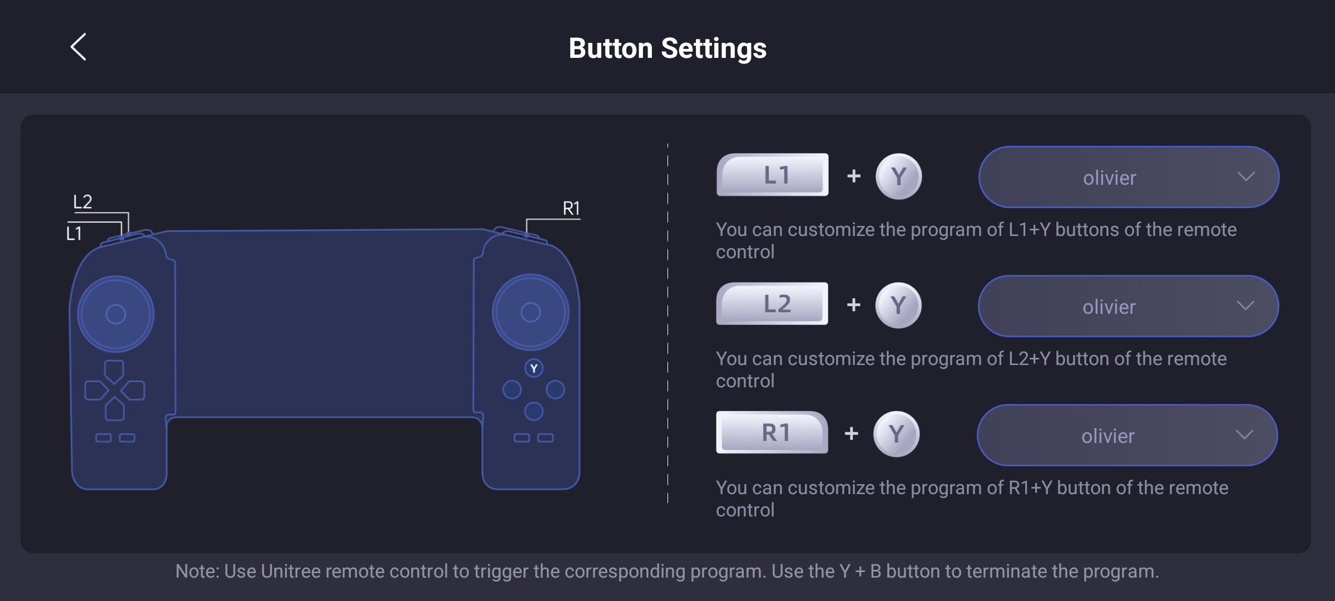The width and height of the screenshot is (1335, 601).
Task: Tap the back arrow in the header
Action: pyautogui.click(x=78, y=47)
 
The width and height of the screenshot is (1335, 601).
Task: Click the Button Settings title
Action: pyautogui.click(x=667, y=48)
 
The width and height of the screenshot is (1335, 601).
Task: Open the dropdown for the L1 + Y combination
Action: pyautogui.click(x=1129, y=177)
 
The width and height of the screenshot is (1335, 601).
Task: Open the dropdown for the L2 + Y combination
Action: pyautogui.click(x=1128, y=306)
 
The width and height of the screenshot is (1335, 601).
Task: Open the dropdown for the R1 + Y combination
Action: pyautogui.click(x=1127, y=435)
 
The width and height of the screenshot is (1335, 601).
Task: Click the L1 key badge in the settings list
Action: pyautogui.click(x=772, y=175)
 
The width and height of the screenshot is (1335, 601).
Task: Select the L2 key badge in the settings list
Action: pyautogui.click(x=772, y=304)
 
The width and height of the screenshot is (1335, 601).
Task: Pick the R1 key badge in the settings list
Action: pyautogui.click(x=772, y=432)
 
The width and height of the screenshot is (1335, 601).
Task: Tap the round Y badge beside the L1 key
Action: pyautogui.click(x=898, y=176)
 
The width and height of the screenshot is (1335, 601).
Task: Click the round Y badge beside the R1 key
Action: pyautogui.click(x=896, y=434)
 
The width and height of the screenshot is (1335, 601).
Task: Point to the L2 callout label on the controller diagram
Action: pyautogui.click(x=83, y=201)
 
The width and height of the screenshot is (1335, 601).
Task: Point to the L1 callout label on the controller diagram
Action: pyautogui.click(x=74, y=233)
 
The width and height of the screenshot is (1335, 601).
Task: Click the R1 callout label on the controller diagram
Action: pyautogui.click(x=571, y=209)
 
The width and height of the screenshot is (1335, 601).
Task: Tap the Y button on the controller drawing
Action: pyautogui.click(x=534, y=368)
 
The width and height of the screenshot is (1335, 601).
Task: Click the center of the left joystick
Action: pyautogui.click(x=116, y=314)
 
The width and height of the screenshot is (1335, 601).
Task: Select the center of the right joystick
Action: pyautogui.click(x=531, y=312)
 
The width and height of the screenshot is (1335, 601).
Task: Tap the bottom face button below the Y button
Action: pyautogui.click(x=534, y=411)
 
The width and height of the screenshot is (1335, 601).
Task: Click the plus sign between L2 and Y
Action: pyautogui.click(x=853, y=305)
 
